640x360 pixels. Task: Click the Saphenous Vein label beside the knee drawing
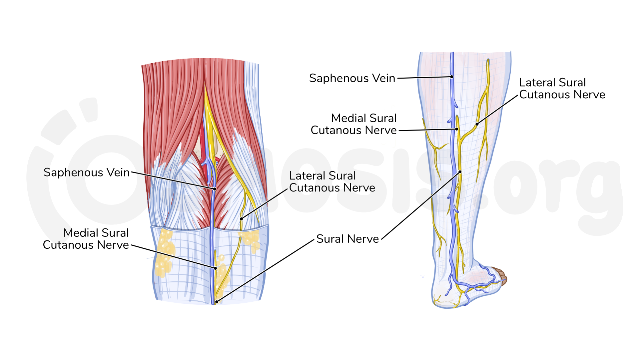tap(87, 173)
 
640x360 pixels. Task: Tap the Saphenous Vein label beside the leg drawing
tap(352, 78)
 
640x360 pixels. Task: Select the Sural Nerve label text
tap(347, 239)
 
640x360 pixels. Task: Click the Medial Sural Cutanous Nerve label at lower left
tap(86, 239)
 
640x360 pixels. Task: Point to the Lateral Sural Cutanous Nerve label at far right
tap(562, 89)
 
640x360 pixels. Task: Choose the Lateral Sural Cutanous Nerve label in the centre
tap(332, 182)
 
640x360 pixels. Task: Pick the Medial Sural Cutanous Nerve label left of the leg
tap(354, 124)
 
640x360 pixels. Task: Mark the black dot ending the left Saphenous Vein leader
tap(215, 189)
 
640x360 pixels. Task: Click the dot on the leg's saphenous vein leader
tap(452, 77)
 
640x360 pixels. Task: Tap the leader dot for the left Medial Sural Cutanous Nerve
tap(216, 268)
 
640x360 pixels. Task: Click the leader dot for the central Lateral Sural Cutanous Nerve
tap(242, 219)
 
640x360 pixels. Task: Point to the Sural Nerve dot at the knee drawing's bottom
tap(217, 302)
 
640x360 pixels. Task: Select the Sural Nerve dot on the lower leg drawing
tap(460, 172)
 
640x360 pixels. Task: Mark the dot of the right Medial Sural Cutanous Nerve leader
tap(457, 129)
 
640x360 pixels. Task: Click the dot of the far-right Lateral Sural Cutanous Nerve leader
tap(477, 124)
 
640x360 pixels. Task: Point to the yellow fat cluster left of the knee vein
tap(165, 253)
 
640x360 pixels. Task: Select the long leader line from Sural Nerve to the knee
tap(266, 271)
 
